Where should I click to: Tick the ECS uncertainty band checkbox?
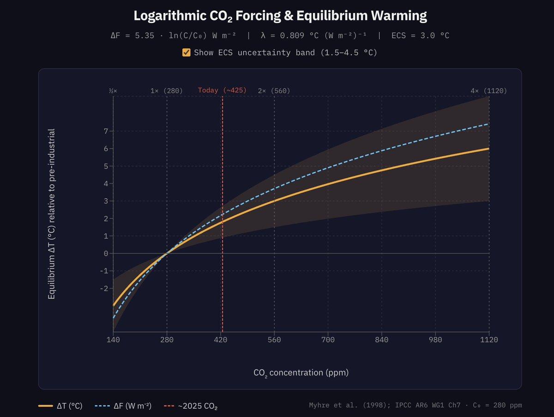coord(187,53)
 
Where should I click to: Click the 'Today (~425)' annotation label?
coord(222,91)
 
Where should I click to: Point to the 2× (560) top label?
coord(274,91)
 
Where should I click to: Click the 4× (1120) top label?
coord(488,91)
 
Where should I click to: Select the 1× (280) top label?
coord(166,91)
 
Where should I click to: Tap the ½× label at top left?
coord(113,91)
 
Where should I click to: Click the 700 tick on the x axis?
coord(328,340)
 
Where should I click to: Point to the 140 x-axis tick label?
coord(113,340)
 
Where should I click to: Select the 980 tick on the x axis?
coord(435,340)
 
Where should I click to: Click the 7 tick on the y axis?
coord(106,131)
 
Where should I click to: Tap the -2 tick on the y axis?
coord(104,289)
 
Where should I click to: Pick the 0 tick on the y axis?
coord(106,254)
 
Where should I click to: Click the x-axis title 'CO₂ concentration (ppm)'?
coord(301,373)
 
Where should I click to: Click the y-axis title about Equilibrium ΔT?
coord(52,214)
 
